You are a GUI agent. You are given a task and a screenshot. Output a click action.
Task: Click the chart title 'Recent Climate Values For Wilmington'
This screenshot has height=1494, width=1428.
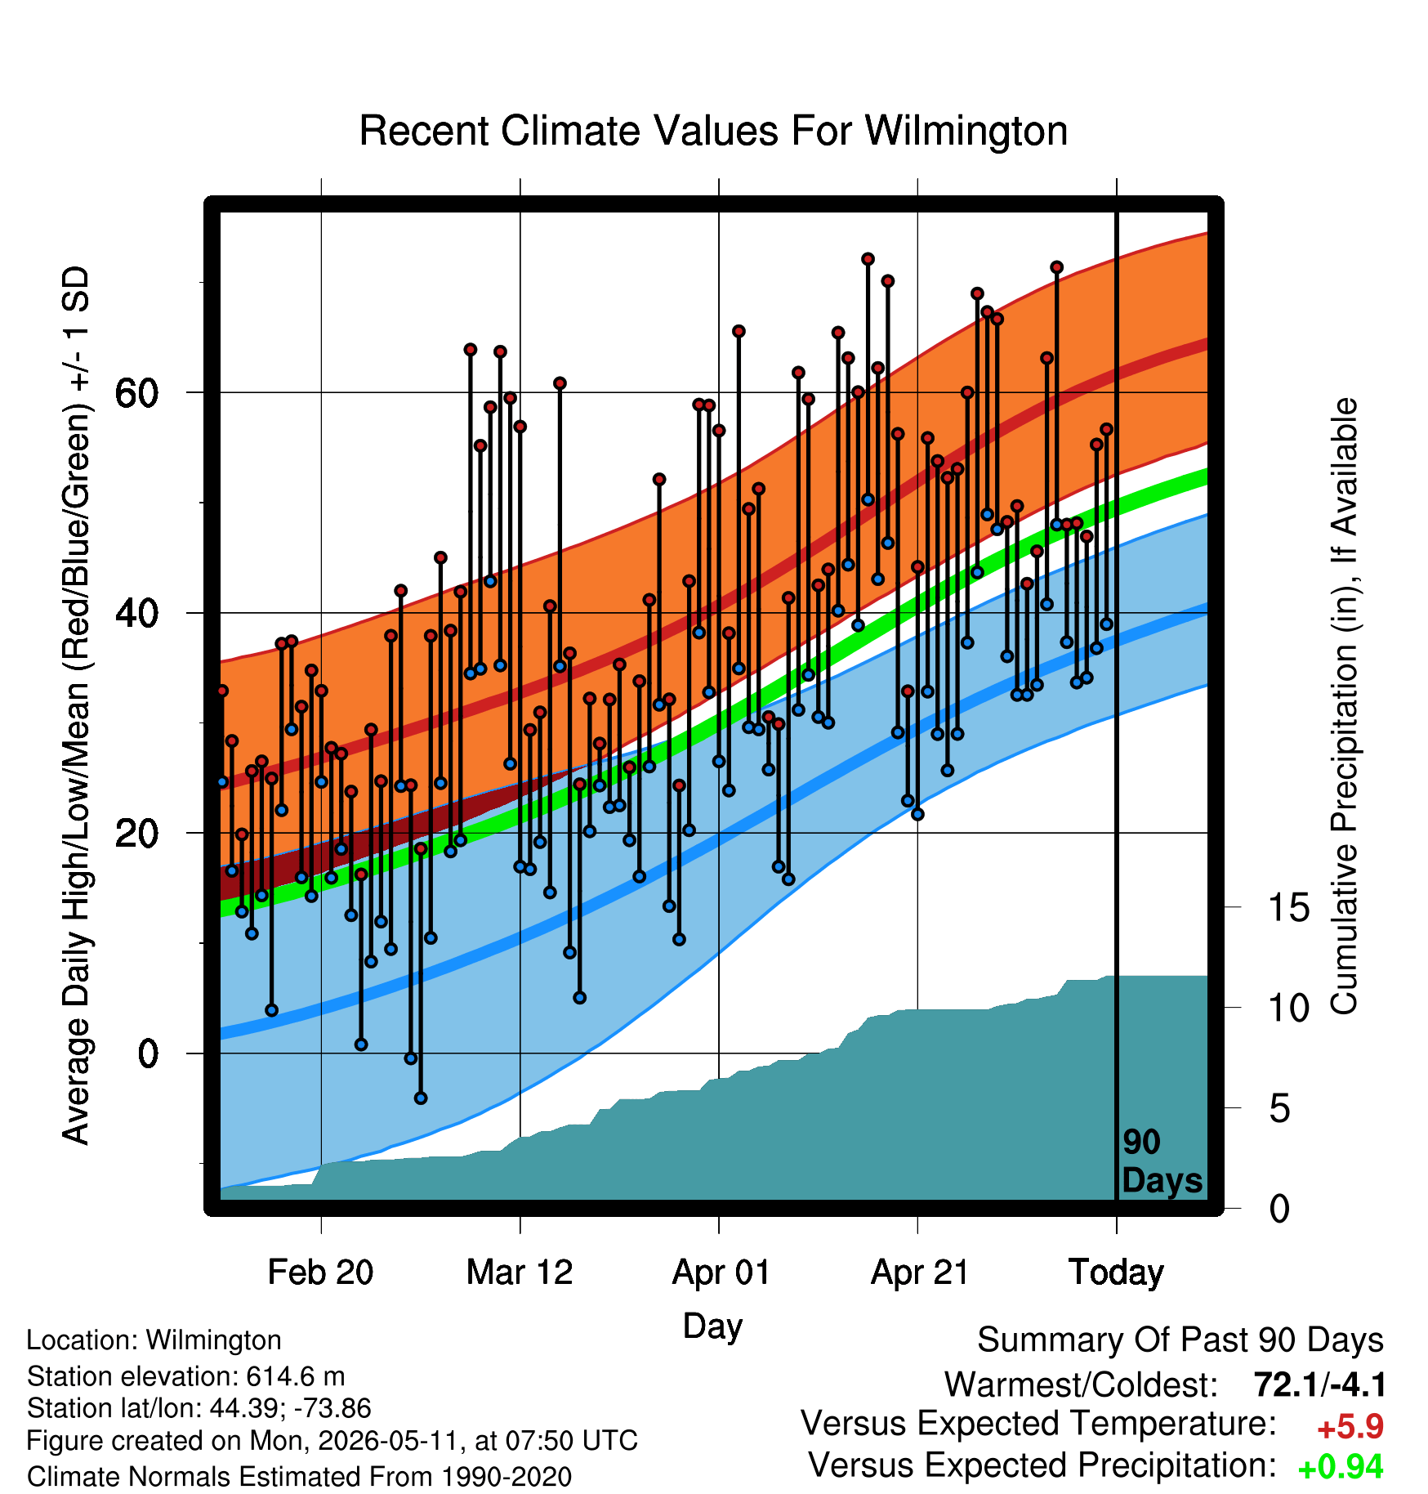click(713, 131)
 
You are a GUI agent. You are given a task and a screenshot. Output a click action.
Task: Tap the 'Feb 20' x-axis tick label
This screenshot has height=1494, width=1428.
click(320, 1272)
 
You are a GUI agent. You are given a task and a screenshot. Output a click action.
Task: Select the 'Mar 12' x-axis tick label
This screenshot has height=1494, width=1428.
click(520, 1272)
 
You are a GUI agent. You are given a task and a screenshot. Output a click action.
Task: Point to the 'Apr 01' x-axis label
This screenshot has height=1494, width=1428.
click(721, 1272)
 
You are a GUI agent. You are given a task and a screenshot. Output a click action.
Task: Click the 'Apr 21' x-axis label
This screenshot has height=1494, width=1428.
click(920, 1272)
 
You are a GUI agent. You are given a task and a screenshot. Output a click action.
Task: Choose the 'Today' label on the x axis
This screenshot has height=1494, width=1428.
click(1116, 1273)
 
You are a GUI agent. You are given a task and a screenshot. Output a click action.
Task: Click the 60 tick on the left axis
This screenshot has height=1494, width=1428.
click(136, 393)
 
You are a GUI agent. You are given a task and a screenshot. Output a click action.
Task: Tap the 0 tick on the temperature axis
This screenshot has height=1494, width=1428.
click(148, 1053)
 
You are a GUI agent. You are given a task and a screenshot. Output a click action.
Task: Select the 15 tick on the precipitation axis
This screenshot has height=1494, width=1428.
click(1289, 907)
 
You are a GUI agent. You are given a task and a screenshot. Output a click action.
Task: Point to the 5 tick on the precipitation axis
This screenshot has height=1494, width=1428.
click(1279, 1109)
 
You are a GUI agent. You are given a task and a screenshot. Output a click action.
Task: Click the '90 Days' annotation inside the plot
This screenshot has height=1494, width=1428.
click(1162, 1161)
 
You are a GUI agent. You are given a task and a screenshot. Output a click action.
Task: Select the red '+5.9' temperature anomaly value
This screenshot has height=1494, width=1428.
click(1350, 1427)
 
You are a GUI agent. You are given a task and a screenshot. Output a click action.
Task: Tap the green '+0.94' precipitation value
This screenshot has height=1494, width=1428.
click(1341, 1467)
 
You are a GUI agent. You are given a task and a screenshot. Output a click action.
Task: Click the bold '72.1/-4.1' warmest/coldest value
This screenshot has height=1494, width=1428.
click(1320, 1384)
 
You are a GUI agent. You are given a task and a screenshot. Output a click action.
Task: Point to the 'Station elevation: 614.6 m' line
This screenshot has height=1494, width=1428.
click(185, 1376)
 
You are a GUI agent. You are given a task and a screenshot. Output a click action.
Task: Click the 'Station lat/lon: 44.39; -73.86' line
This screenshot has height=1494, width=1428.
click(199, 1408)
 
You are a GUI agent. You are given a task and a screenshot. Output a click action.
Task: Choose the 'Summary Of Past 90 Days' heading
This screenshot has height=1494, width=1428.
click(1180, 1340)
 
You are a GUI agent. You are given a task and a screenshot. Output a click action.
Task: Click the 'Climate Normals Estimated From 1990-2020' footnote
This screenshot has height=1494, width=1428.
click(299, 1477)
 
